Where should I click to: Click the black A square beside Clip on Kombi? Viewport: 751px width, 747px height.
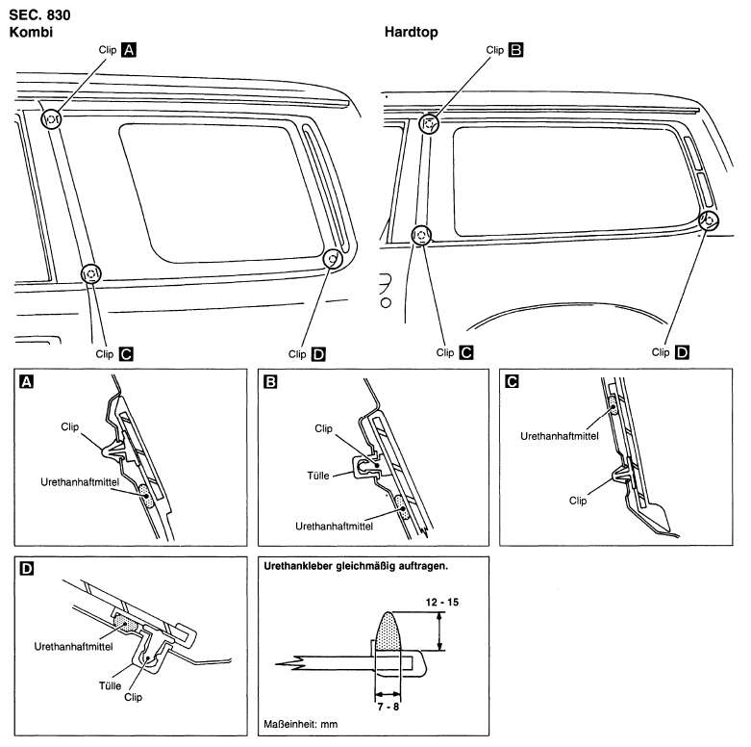click(129, 50)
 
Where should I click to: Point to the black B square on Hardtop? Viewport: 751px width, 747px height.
click(516, 50)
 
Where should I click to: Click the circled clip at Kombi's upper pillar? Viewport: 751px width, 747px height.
click(52, 120)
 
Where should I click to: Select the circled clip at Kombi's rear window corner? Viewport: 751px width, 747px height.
click(332, 258)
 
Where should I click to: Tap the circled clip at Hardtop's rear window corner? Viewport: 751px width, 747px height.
click(708, 220)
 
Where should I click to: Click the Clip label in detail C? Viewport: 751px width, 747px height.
click(578, 501)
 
